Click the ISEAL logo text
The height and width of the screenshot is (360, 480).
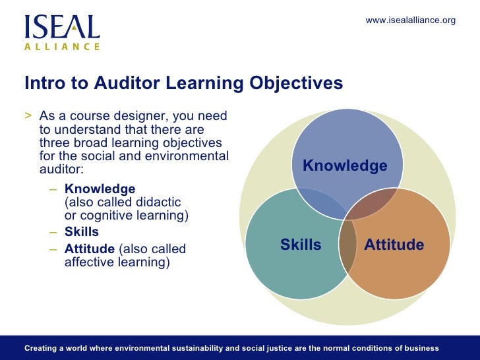point(62,27)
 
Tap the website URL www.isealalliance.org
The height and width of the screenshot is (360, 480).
point(410,20)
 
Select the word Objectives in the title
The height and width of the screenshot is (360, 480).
point(297,84)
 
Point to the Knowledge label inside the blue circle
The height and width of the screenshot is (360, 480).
point(345,166)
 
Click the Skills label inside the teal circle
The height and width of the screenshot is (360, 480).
point(301,245)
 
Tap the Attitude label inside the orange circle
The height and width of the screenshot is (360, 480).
point(394,245)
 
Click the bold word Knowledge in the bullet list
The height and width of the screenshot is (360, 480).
point(100,189)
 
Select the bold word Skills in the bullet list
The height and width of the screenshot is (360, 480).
point(82,232)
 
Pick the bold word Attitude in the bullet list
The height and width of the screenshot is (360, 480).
point(89,249)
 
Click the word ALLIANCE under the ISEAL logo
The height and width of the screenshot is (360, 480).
point(62,47)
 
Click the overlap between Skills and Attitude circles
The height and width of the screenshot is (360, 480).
point(347,247)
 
